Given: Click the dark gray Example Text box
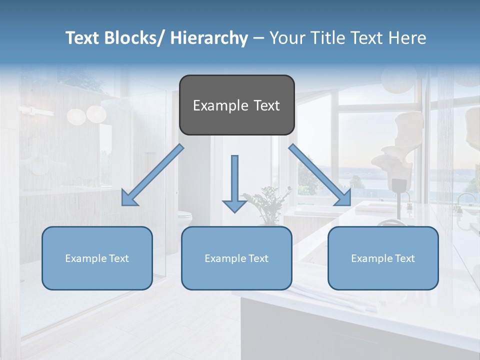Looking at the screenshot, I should point(236,105).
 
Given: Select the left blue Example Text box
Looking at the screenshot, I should point(97,258).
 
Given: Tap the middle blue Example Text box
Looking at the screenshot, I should point(236,258).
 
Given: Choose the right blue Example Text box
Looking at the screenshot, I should point(383,258).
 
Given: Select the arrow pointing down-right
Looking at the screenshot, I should point(320,174).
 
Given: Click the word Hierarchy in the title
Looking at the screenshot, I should point(209,38).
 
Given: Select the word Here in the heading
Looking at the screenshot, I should point(408,38).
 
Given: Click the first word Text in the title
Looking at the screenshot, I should point(83,38).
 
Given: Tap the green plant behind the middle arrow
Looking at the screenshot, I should point(267,202).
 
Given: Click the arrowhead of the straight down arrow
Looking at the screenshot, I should point(234,205).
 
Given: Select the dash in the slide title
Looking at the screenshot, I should point(258,38).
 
